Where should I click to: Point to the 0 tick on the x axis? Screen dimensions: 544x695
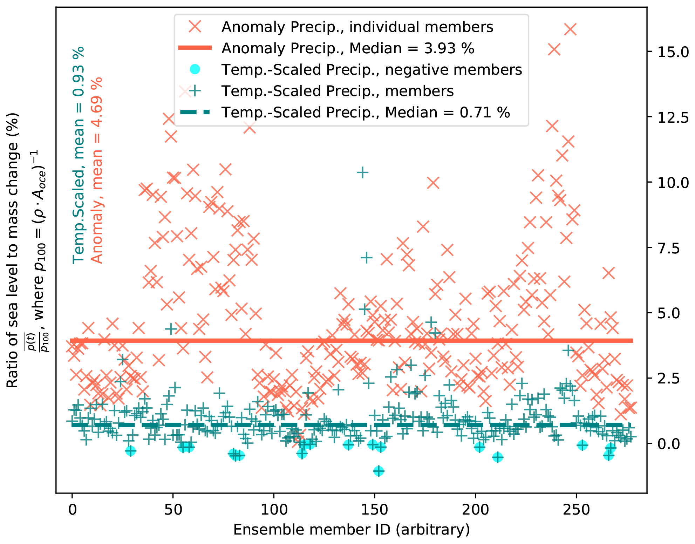[x=72, y=510]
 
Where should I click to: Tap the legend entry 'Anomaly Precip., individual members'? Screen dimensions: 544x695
[x=357, y=27]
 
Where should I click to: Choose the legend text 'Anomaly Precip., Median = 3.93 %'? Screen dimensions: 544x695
[x=348, y=48]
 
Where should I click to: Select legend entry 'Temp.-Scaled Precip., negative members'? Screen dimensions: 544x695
[x=372, y=70]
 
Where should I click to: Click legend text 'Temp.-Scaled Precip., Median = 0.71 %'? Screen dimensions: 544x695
[x=366, y=113]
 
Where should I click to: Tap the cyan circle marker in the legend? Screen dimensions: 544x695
[x=195, y=70]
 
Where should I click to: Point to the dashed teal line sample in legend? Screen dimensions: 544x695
[x=195, y=113]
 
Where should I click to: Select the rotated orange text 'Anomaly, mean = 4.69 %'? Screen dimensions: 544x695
[x=97, y=170]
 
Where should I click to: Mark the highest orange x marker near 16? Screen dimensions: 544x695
[x=570, y=29]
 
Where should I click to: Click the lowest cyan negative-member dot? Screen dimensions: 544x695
[x=379, y=471]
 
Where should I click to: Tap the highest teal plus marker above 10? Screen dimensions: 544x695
[x=362, y=172]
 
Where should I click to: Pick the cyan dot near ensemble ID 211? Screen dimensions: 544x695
[x=497, y=457]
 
